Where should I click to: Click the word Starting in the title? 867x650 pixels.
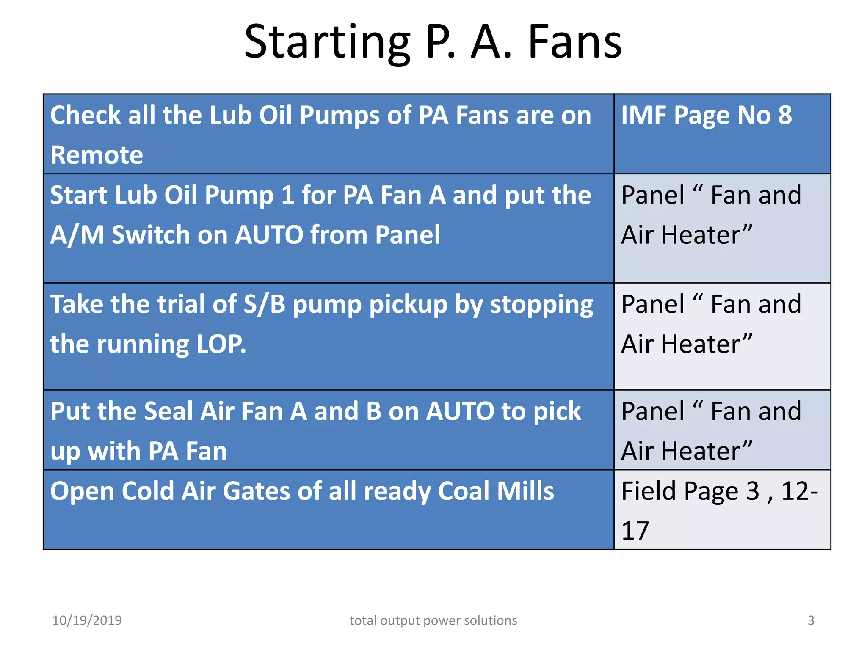(x=327, y=42)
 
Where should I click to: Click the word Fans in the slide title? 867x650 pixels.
(x=575, y=42)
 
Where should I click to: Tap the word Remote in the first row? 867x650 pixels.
(x=97, y=155)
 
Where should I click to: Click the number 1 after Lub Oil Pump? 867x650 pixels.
(x=287, y=195)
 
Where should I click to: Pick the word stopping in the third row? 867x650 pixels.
(x=541, y=304)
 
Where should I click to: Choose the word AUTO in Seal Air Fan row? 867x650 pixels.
(x=460, y=411)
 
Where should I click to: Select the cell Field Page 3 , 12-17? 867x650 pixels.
(x=722, y=510)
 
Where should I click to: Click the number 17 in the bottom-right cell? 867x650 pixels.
(x=635, y=531)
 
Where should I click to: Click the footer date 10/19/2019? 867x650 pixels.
(x=87, y=620)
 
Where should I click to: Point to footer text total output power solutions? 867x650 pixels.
(x=433, y=620)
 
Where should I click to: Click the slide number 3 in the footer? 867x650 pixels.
(x=811, y=620)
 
